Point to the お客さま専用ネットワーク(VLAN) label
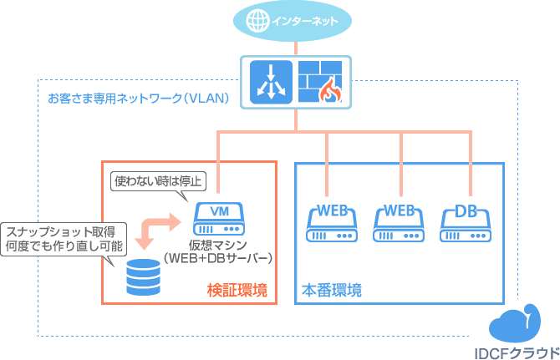click(x=139, y=98)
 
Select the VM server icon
click(x=218, y=219)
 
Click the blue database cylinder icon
click(x=142, y=279)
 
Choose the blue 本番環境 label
click(x=331, y=291)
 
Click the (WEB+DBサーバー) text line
click(x=219, y=258)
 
